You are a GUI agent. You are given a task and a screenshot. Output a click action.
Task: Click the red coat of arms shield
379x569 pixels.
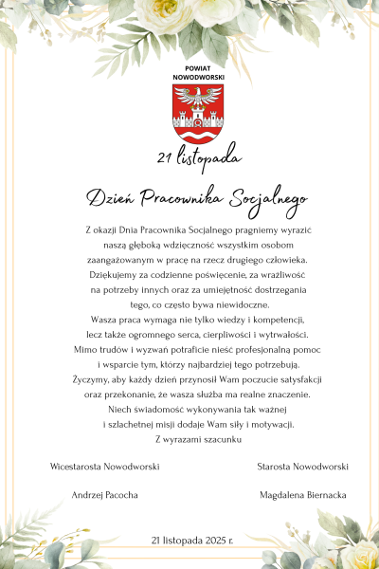point(197,112)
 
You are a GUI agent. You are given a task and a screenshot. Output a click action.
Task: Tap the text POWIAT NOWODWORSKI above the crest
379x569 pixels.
point(197,74)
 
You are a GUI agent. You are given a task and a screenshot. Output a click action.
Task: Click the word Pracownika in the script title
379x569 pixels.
point(184,197)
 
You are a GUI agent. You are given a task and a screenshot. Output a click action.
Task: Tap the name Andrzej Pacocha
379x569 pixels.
point(105,495)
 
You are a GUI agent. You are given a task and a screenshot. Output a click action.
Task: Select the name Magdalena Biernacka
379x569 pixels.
point(303,495)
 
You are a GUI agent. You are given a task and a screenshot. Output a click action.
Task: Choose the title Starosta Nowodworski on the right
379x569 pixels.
point(303,467)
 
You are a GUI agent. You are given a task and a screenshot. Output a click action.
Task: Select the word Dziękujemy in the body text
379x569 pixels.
point(110,275)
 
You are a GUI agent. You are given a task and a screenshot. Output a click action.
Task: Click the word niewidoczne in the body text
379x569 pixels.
point(242,304)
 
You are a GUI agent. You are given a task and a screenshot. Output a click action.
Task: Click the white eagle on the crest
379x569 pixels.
point(198,99)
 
